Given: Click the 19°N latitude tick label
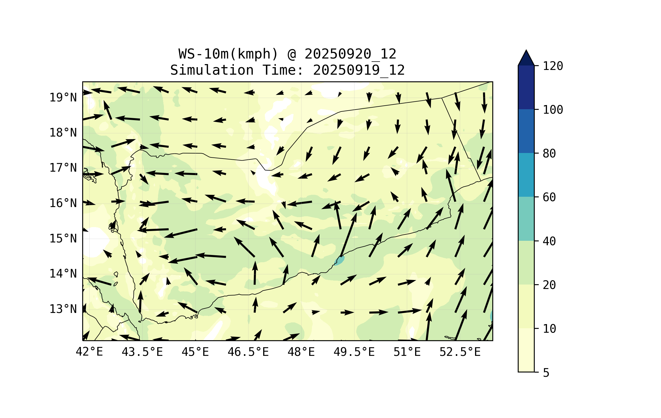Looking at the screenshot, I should coord(63,98).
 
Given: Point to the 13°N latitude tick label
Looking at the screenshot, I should coord(63,309).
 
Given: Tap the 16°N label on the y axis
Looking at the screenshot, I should coord(63,203).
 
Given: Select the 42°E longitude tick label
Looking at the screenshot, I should coord(89,352).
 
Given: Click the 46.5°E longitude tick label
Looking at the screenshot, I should coord(248,352).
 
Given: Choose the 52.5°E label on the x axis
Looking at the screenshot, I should coord(460,352).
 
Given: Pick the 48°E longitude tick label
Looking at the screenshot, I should coord(301,352).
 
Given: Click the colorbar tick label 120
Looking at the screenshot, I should coord(553,66).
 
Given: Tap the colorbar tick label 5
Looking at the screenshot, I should coord(546,373).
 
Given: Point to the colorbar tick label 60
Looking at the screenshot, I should coord(549,197).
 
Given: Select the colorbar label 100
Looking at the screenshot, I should coord(553,110).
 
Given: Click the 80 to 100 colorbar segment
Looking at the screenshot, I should coord(526,131).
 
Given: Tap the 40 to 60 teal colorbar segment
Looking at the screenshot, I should coord(526,219).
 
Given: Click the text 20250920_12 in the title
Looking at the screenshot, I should coord(350,54).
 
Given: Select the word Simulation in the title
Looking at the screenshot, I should coord(212,70).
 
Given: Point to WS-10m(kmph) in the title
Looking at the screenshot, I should coord(228,54).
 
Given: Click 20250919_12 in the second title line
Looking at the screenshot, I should coord(359,70).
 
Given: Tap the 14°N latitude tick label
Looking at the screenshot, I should coord(63,274).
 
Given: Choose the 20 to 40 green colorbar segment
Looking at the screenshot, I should coord(526,263).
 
